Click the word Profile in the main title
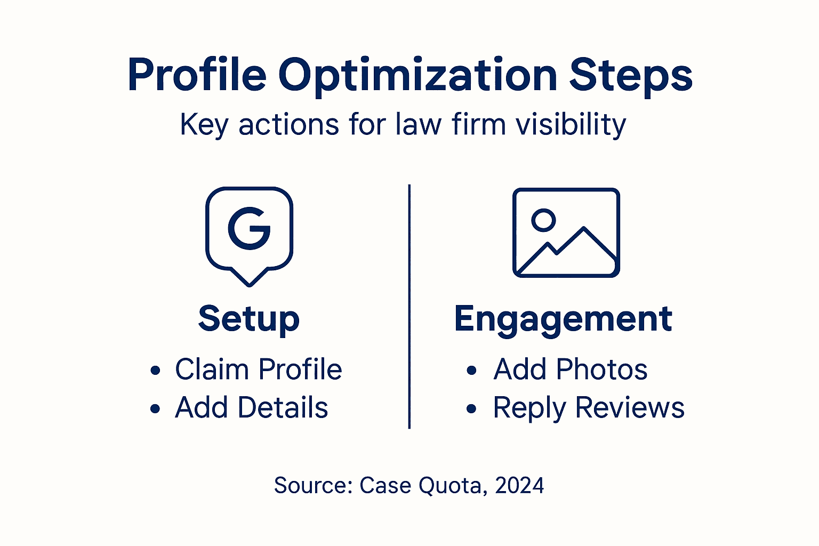tap(197, 75)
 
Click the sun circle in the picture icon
tap(543, 219)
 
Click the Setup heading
tap(249, 319)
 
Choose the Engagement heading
tap(563, 319)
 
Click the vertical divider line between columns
tap(409, 307)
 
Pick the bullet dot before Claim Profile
tap(155, 371)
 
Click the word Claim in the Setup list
tap(212, 369)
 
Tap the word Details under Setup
tap(283, 408)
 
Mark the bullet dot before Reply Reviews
tap(471, 409)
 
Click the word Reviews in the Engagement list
tap(630, 408)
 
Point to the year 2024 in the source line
tap(519, 486)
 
